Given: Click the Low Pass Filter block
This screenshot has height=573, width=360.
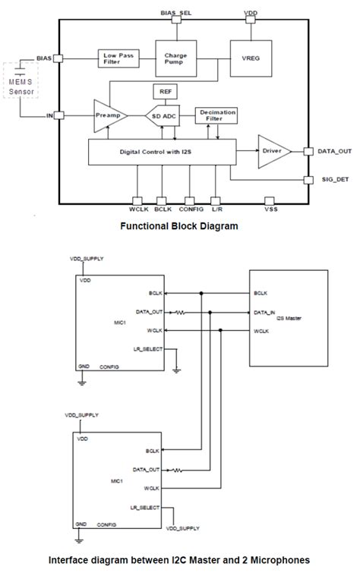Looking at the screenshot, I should pyautogui.click(x=117, y=58).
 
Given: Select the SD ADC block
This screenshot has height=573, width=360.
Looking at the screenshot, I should pyautogui.click(x=166, y=116).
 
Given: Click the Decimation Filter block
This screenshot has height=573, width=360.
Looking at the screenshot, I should pyautogui.click(x=216, y=115).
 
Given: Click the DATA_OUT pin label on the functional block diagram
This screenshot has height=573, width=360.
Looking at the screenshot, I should pyautogui.click(x=333, y=152).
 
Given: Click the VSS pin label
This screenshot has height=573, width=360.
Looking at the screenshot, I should pyautogui.click(x=270, y=208).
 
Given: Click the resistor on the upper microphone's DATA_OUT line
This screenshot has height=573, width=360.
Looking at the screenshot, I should pyautogui.click(x=181, y=312).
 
